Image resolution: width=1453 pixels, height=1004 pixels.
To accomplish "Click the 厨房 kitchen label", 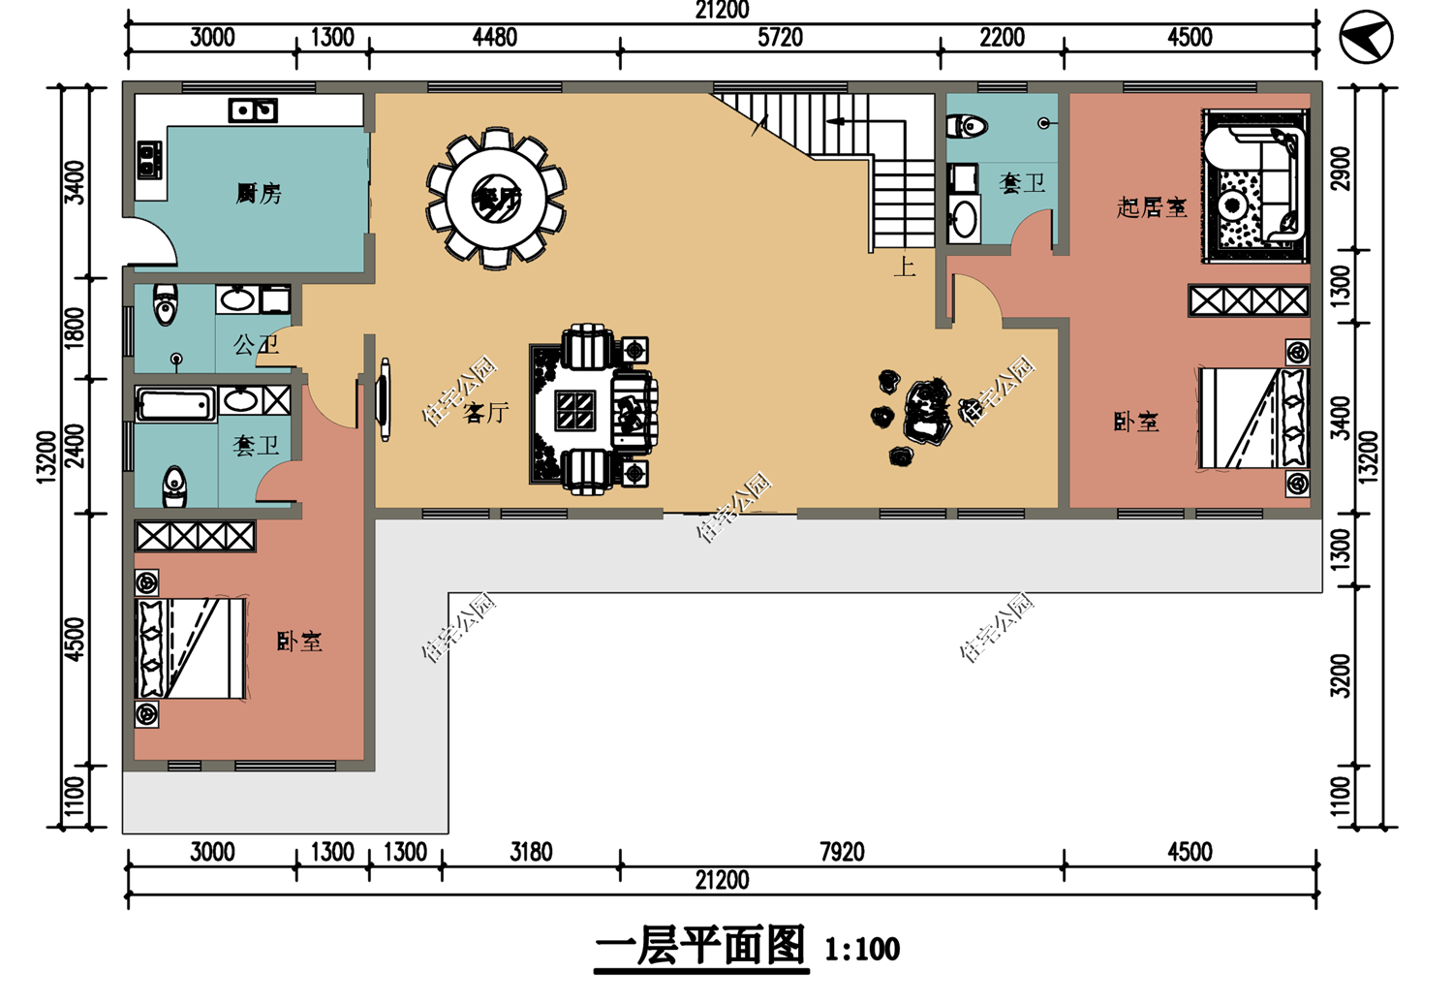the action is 259,194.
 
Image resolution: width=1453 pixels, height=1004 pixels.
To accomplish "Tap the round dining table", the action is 496,198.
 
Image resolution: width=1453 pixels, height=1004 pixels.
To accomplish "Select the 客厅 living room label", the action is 486,413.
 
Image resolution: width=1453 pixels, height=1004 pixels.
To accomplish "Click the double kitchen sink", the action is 253,110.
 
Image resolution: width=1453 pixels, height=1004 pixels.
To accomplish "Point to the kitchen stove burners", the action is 149,161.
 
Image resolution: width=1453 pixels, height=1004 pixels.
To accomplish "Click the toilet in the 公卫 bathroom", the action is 166,304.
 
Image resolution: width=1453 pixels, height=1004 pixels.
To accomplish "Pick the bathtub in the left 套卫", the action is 175,404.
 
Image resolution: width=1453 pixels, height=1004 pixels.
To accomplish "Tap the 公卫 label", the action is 256,344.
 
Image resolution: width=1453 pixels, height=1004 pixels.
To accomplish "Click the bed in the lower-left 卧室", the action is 190,648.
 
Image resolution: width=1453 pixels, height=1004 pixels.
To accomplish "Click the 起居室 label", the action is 1151,207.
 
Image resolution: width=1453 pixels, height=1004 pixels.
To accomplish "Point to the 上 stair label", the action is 904,267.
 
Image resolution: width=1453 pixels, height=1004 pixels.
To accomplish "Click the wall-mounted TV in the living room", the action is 385,399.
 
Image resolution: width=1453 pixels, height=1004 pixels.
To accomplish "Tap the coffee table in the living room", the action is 575,411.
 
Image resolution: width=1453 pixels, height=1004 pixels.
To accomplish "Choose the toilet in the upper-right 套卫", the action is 968,126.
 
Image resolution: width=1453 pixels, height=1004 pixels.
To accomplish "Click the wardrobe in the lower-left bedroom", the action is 195,536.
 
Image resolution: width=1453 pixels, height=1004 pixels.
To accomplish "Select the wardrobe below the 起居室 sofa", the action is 1249,300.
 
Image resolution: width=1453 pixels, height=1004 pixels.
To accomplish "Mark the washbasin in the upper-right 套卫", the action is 963,217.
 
